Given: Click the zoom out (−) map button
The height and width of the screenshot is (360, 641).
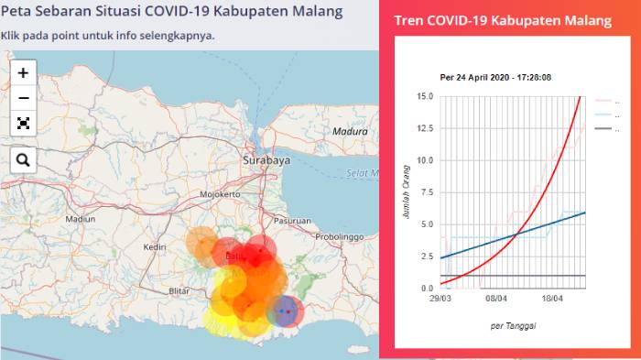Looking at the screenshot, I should (23, 98).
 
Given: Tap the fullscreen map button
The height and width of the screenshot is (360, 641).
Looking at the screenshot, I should (23, 123).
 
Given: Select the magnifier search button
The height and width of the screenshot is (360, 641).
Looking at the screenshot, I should (23, 160).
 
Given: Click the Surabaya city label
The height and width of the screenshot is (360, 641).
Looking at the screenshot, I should (266, 159).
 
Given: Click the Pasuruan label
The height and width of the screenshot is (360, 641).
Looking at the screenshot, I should (293, 221).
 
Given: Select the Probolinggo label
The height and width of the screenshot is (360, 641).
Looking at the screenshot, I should (341, 236).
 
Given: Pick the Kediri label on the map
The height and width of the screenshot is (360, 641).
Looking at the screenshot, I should (154, 247).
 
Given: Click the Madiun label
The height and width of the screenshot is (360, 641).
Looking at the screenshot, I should (80, 219).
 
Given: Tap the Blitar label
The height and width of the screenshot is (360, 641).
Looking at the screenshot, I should (179, 290).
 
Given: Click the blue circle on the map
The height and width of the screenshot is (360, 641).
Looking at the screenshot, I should (286, 311).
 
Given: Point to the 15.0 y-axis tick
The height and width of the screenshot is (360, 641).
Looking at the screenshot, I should (424, 96).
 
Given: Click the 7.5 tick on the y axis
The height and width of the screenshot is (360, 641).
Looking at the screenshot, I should (426, 192).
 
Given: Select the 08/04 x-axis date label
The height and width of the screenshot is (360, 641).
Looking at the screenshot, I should (497, 299).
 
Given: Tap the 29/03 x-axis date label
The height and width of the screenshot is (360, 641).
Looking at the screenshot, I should (440, 299).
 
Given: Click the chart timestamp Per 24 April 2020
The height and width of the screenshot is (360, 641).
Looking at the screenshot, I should (495, 77).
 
